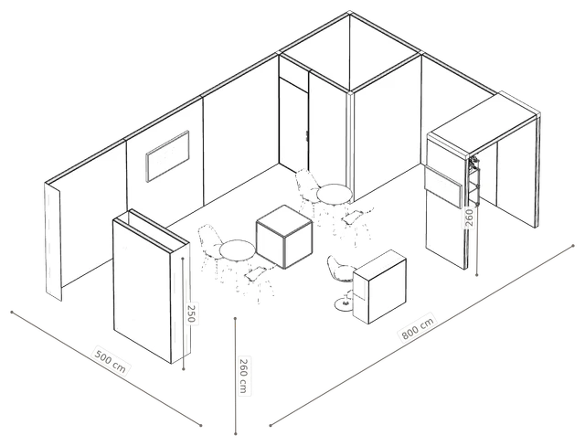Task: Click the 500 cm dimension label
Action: tap(111, 362)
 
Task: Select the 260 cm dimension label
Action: tap(243, 376)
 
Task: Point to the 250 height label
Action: tap(191, 313)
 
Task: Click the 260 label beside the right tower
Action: tap(469, 218)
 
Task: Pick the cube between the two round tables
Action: tap(284, 237)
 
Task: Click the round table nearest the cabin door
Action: tap(334, 194)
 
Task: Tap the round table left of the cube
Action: tap(238, 250)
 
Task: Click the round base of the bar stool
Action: tap(345, 304)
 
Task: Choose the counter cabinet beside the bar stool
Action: tap(379, 287)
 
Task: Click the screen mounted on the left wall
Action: tap(167, 156)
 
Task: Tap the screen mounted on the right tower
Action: tap(443, 186)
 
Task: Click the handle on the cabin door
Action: tap(306, 136)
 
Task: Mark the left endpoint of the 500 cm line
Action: tap(12, 312)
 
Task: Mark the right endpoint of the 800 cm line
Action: tap(573, 246)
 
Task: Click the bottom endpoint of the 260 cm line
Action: tap(236, 433)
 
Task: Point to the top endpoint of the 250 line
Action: tap(183, 258)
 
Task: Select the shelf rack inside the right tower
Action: tap(473, 181)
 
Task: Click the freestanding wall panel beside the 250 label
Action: tap(151, 286)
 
